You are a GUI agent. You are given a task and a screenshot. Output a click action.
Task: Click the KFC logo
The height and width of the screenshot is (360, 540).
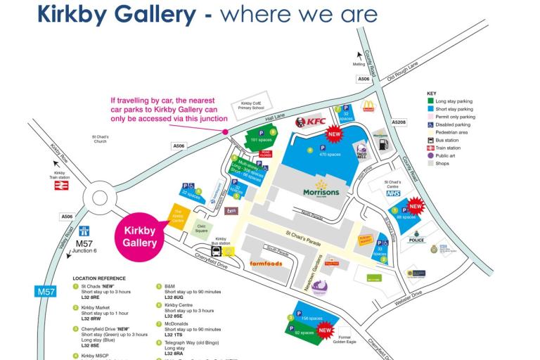coord(311,122)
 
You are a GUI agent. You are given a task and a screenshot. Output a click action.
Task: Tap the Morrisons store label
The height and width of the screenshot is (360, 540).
coord(321,191)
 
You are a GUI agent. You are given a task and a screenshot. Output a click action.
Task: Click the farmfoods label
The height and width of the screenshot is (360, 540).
coord(266,264)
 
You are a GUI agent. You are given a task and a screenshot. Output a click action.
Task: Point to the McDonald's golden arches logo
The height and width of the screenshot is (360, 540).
coord(368,106)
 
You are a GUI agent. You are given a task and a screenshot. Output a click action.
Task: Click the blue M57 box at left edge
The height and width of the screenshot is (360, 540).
coord(45,290)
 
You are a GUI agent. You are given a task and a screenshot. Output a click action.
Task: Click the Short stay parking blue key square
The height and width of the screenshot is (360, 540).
coord(430,110)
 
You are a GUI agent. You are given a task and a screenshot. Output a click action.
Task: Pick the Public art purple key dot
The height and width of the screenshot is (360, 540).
coord(430,156)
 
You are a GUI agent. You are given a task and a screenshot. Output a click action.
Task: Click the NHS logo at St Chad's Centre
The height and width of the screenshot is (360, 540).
coord(392,193)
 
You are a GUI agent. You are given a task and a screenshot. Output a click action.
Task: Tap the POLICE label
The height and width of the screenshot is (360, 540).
coord(416,240)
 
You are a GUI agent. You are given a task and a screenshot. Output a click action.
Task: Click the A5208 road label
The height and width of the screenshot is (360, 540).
coord(399,122)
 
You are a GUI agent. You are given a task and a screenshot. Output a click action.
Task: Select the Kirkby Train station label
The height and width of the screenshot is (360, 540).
coord(60,176)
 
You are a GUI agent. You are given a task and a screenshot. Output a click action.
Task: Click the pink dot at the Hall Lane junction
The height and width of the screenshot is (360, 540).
coord(226,131)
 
